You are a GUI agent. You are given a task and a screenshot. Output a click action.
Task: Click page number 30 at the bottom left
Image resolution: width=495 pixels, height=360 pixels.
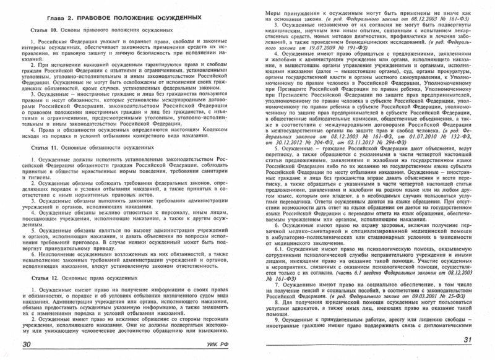(x=27, y=344)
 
